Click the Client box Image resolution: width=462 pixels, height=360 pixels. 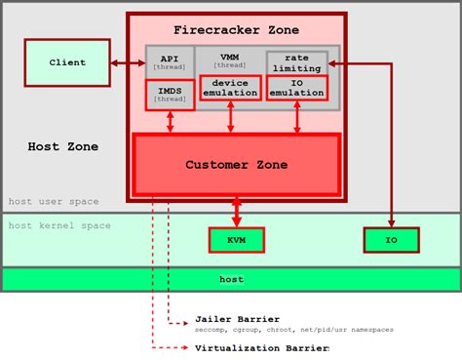[x=67, y=62]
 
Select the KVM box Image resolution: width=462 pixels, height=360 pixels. [x=236, y=239]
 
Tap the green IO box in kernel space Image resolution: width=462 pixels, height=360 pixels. [x=391, y=239]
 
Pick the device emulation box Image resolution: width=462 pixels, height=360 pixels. [x=231, y=88]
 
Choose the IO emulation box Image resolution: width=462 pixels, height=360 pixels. [x=296, y=88]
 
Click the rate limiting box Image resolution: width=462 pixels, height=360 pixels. [x=296, y=61]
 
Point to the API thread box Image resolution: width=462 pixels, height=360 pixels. [x=170, y=63]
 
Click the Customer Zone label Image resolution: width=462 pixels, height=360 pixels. [x=236, y=165]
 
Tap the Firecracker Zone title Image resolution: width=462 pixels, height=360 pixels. [x=236, y=30]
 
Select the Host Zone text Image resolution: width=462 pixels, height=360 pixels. [x=62, y=146]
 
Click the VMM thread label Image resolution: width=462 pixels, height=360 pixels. [x=230, y=60]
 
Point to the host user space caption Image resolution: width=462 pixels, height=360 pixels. [x=54, y=201]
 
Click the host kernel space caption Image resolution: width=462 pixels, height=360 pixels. [x=59, y=225]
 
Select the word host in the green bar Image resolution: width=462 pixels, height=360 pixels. [x=231, y=279]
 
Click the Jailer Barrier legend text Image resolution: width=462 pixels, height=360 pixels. [x=237, y=318]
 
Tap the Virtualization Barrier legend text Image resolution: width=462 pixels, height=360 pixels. [x=261, y=347]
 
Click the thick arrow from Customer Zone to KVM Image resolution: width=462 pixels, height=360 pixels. [x=236, y=212]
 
